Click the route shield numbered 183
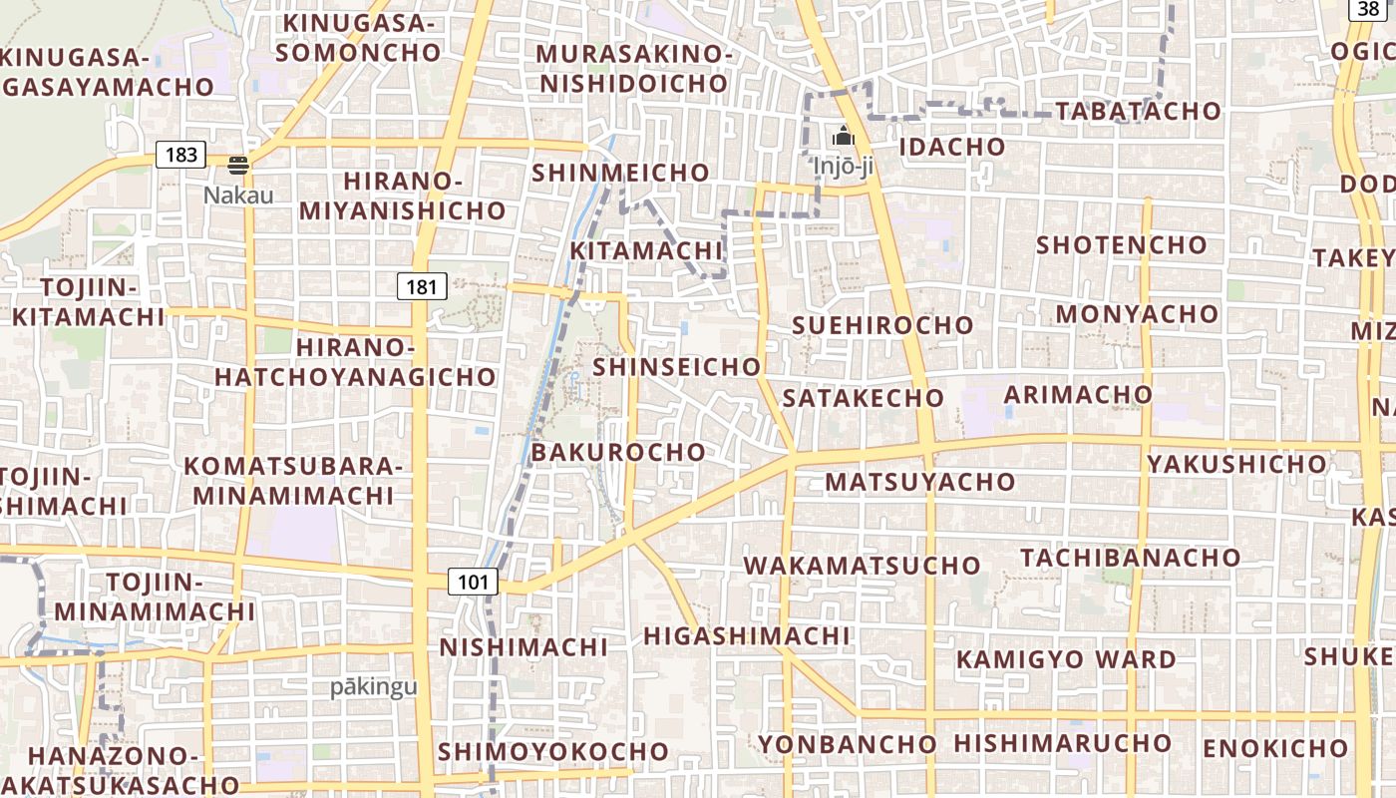coord(180,155)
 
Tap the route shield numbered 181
coord(422,287)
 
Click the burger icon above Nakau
coord(237,165)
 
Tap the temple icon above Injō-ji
coord(844,136)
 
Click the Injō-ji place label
coord(844,166)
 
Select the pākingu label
coord(374,687)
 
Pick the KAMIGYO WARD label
coord(1066,659)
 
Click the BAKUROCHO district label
coord(618,452)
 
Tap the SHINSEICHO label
coord(677,366)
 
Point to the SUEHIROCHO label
coord(882,325)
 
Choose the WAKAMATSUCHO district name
coord(863,566)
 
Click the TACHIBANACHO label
coord(1130,557)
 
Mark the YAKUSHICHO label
coord(1236,464)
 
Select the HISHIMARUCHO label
coord(1062,743)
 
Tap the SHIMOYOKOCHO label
coord(553,751)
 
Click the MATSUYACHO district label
coord(919,482)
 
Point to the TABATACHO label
coord(1138,111)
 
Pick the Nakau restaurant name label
coord(238,195)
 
